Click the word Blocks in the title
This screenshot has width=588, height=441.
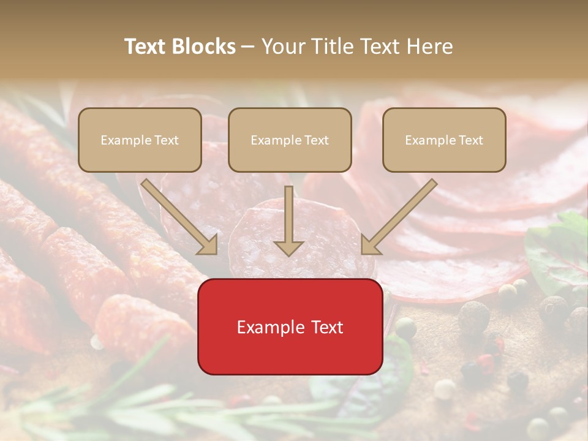pos(203,47)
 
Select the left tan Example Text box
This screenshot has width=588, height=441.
pos(140,140)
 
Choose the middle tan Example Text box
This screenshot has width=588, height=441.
pos(290,140)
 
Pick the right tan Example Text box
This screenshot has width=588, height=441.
pos(444,140)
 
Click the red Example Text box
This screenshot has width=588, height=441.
pos(290,326)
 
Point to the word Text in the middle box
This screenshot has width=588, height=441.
pos(316,140)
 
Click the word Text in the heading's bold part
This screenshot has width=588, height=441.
pos(146,47)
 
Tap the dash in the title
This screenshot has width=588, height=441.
pos(249,47)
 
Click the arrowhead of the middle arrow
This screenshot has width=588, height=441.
pos(289,247)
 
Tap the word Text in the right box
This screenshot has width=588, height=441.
pos(470,140)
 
